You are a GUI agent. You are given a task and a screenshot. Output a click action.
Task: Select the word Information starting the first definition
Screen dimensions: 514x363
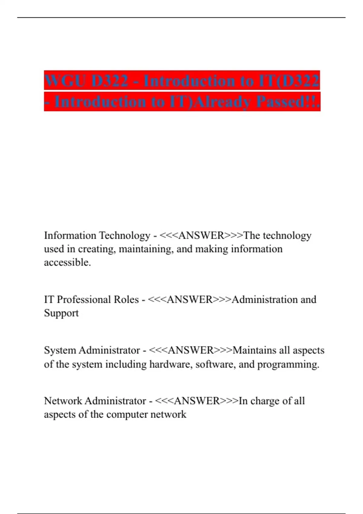coord(70,235)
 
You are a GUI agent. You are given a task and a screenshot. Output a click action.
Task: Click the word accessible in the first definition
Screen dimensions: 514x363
coord(67,262)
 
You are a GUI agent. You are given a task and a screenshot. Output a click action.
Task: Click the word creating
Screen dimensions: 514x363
coord(97,249)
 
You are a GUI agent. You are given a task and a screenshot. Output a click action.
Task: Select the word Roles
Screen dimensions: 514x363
coord(126,299)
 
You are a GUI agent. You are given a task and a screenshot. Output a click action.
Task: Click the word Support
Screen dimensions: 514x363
coord(61,313)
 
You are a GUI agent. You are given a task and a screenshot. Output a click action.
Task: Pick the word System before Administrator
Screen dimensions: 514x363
coord(60,350)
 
